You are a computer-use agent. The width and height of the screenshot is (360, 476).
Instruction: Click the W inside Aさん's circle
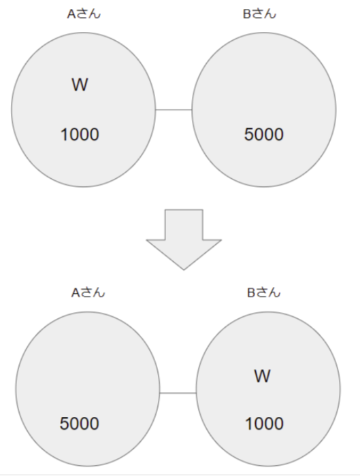80,85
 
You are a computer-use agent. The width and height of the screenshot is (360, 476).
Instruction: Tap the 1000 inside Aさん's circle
80,134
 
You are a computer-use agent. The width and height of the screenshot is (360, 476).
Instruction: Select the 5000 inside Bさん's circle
263,134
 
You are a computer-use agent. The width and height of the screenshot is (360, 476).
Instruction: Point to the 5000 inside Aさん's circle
80,423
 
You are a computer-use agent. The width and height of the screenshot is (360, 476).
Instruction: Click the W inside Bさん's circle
262,376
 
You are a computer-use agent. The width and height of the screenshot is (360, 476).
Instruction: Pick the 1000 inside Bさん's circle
264,423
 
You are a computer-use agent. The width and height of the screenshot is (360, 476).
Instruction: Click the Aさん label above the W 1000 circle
84,14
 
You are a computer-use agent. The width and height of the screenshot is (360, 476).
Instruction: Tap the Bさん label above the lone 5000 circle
259,14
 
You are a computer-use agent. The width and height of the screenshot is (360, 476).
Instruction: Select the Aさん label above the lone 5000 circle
88,292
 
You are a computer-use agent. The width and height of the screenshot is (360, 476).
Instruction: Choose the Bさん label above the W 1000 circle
263,292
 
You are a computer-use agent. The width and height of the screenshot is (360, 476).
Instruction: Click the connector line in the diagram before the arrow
174,109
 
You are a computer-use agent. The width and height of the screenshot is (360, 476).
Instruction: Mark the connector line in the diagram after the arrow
178,393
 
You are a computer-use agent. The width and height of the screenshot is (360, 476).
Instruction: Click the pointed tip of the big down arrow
184,269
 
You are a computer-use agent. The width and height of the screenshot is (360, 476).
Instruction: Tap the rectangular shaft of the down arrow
184,224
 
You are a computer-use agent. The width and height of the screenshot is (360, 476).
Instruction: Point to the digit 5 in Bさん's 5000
249,134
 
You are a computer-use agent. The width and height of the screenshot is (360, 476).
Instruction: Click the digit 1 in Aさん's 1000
65,134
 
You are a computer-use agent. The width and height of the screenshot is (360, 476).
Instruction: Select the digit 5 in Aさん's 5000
65,423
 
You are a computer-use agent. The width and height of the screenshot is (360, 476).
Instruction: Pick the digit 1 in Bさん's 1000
249,423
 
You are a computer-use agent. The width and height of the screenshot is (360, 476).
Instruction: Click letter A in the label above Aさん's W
71,14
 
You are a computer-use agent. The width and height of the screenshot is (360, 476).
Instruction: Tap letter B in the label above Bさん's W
250,293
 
